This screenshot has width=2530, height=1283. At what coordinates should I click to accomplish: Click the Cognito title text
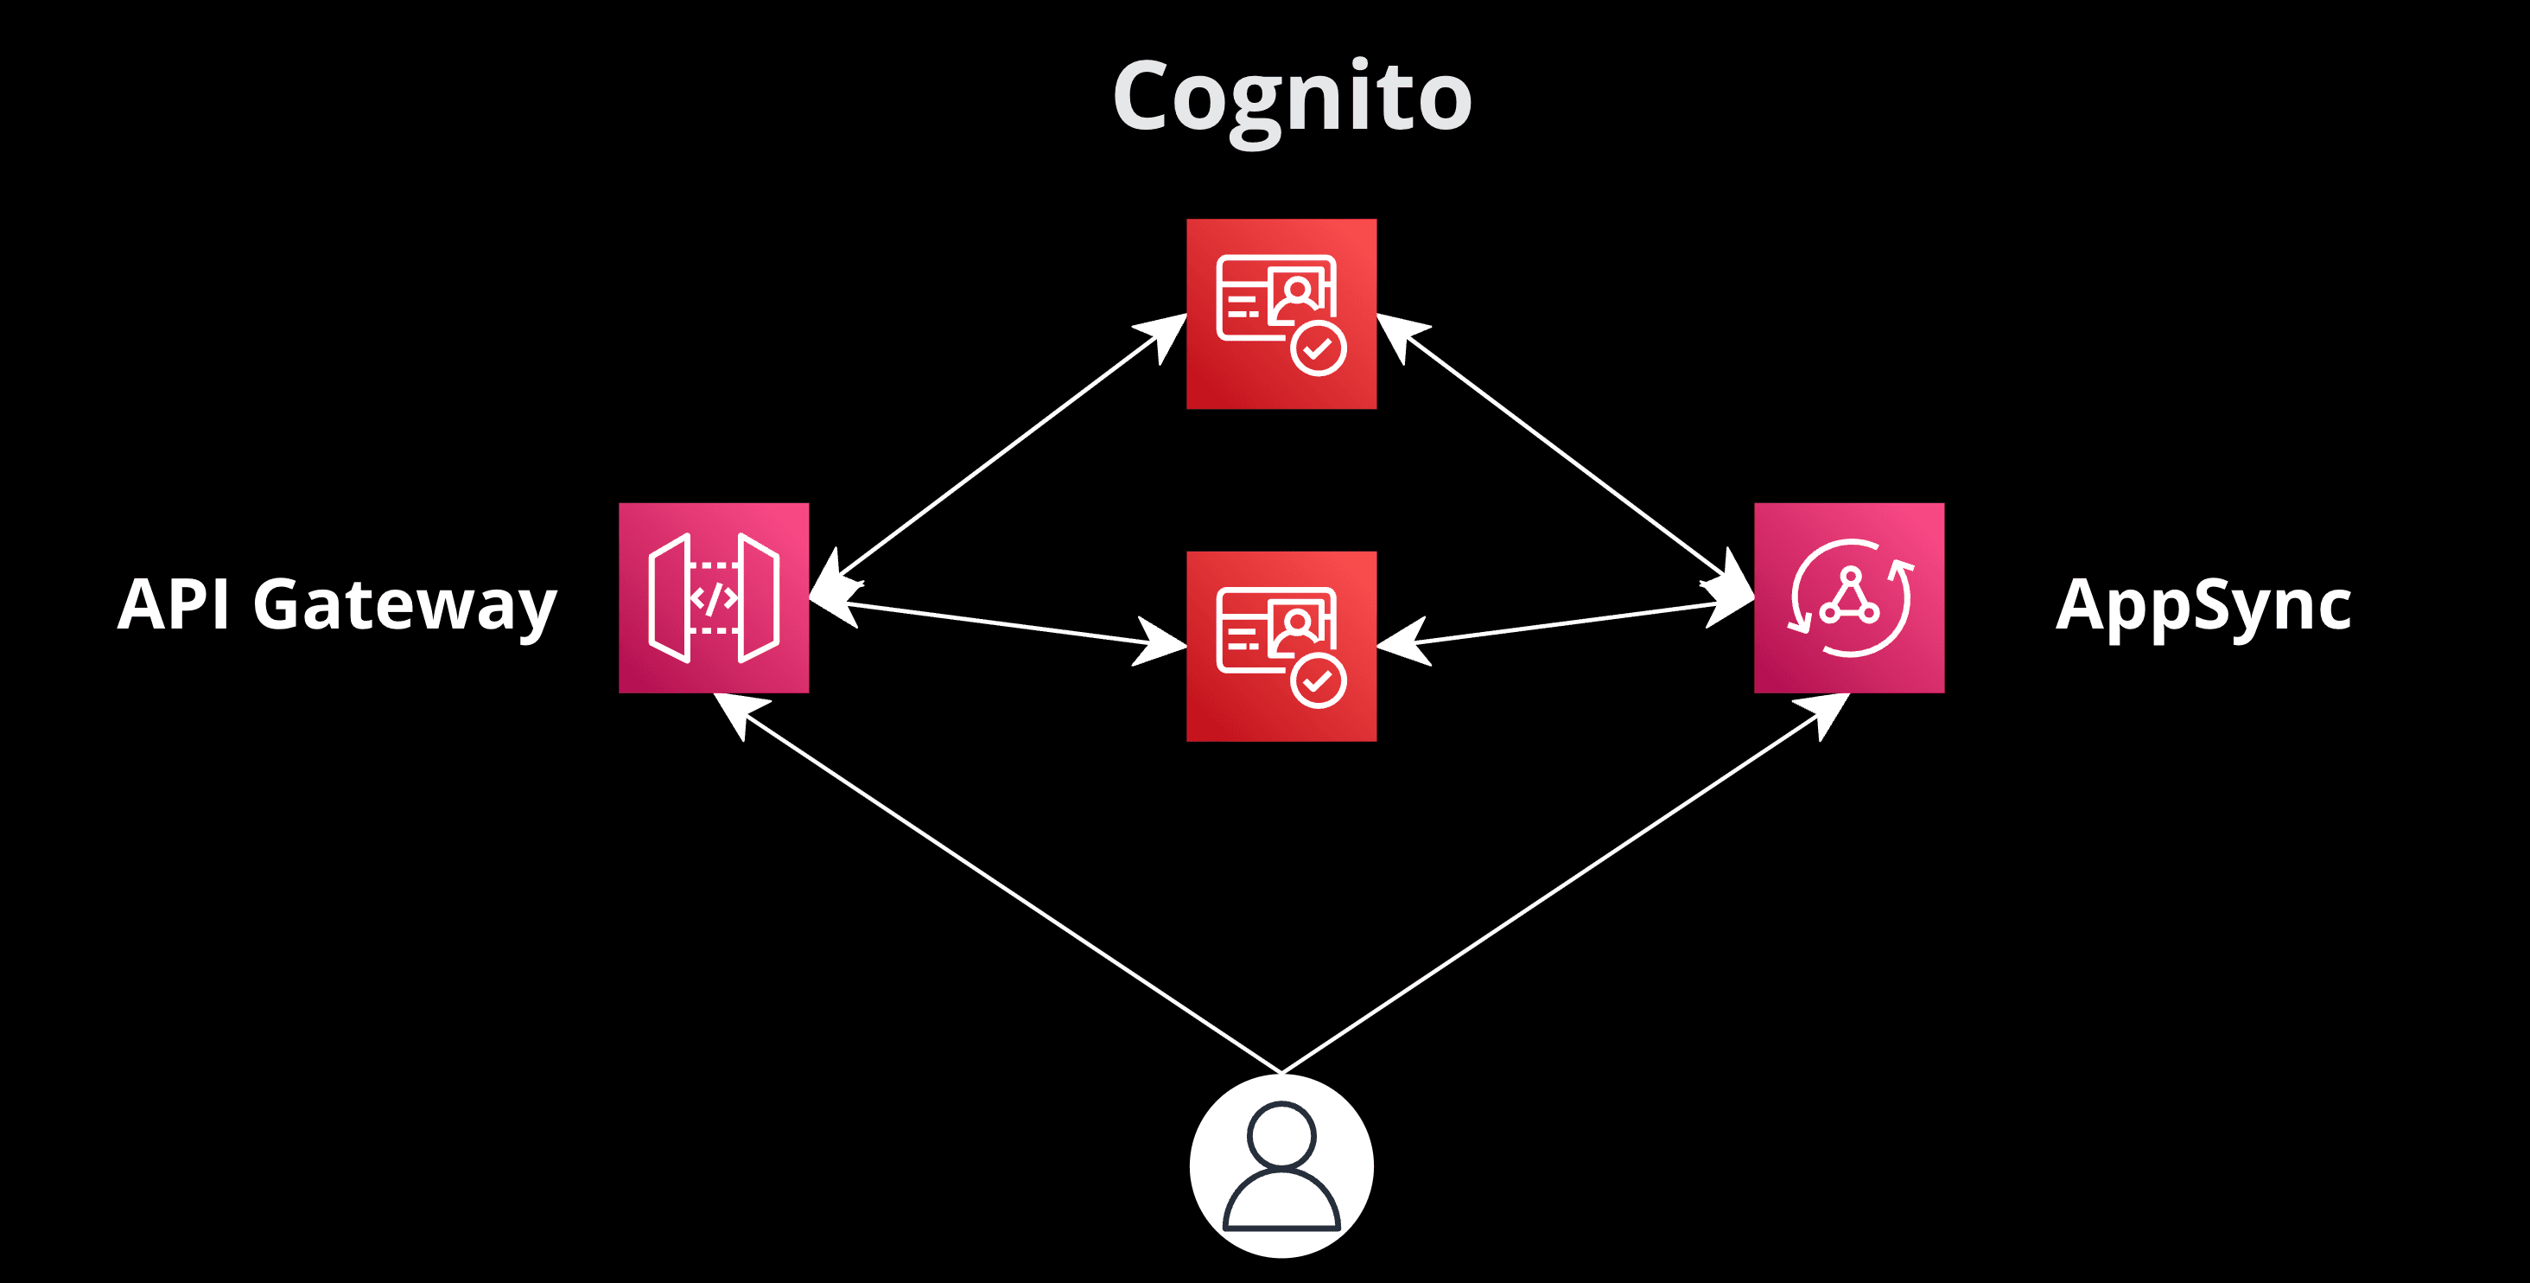pyautogui.click(x=1292, y=99)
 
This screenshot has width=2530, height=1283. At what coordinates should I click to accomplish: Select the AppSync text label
pyautogui.click(x=2203, y=606)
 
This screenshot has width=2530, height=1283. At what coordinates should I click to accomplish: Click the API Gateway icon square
pyautogui.click(x=714, y=597)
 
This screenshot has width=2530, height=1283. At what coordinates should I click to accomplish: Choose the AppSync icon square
pyautogui.click(x=1848, y=597)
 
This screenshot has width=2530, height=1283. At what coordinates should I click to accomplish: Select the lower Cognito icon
pyautogui.click(x=1281, y=646)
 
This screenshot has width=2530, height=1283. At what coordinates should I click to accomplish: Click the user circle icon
pyautogui.click(x=1281, y=1165)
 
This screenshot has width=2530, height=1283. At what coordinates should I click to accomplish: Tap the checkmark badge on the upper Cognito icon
pyautogui.click(x=1318, y=348)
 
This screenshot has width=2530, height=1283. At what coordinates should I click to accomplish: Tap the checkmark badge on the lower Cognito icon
pyautogui.click(x=1318, y=680)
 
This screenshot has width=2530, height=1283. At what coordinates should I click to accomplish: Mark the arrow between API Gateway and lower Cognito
pyautogui.click(x=998, y=624)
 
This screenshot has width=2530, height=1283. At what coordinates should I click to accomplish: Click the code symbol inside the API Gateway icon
pyautogui.click(x=714, y=597)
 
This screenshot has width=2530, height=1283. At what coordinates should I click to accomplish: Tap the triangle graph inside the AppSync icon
pyautogui.click(x=1849, y=597)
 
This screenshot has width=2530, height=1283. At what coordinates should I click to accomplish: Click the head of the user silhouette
pyautogui.click(x=1281, y=1134)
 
